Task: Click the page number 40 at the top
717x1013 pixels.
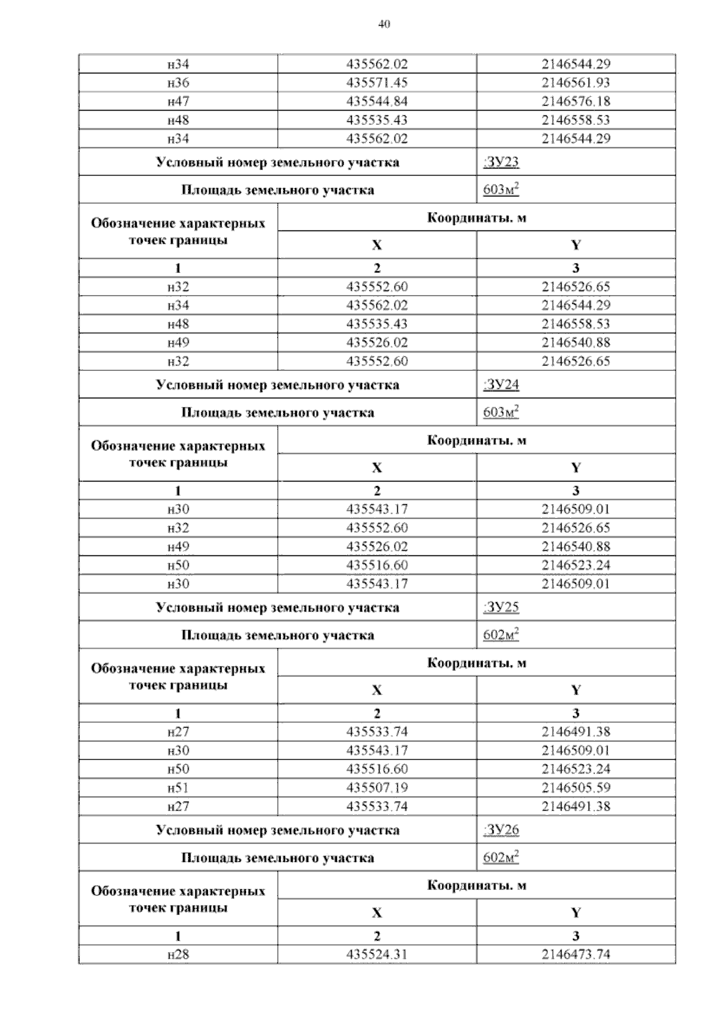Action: [384, 24]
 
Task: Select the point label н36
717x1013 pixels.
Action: [178, 82]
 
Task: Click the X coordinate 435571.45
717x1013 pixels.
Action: [377, 82]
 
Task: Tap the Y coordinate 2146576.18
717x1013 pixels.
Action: [576, 101]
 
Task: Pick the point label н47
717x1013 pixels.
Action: [178, 101]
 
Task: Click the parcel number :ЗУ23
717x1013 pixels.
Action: [501, 162]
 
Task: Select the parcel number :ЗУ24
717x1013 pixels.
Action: [501, 385]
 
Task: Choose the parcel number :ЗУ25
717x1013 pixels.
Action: [501, 607]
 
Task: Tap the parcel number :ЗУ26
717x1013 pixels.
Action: [501, 830]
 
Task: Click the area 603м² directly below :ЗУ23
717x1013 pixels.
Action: [501, 190]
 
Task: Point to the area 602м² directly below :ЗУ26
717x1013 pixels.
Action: [501, 858]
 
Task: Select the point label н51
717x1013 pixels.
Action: [178, 787]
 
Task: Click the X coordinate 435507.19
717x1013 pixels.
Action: [377, 787]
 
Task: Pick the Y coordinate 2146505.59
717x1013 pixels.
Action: [576, 787]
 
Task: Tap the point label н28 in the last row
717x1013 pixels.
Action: [178, 954]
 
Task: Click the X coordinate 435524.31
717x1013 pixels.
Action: [377, 954]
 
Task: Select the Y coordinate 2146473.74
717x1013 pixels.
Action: [576, 954]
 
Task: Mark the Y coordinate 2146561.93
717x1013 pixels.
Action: [576, 82]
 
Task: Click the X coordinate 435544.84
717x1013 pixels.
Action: [377, 101]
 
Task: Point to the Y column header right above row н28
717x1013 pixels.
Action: [576, 913]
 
